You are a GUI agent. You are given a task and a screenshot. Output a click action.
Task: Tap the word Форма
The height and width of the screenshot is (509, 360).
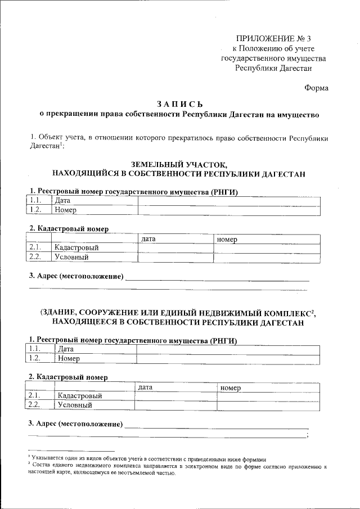pyautogui.click(x=316, y=87)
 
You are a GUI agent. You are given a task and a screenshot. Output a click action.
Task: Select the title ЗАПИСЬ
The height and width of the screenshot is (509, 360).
pyautogui.click(x=179, y=105)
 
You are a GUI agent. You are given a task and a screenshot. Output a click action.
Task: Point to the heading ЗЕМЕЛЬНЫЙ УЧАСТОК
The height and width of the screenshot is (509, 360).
pyautogui.click(x=179, y=165)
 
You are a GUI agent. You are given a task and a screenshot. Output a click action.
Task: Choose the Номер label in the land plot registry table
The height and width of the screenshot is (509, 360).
pyautogui.click(x=65, y=210)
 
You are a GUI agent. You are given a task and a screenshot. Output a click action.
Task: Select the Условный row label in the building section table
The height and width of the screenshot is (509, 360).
pyautogui.click(x=74, y=404)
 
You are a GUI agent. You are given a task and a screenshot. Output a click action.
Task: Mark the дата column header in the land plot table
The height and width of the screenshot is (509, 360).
pyautogui.click(x=148, y=239)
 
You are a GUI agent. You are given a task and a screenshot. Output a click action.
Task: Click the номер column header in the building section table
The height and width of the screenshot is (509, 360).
pyautogui.click(x=230, y=387)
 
